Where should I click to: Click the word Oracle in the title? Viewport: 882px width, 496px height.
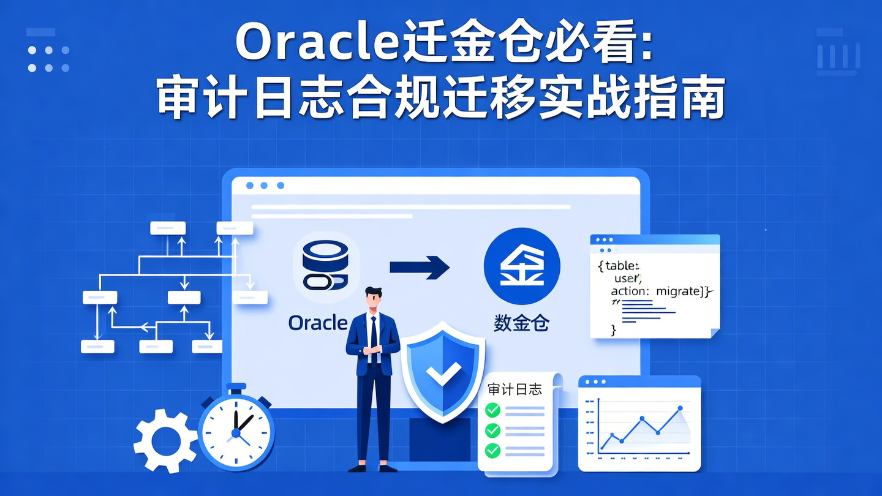pyautogui.click(x=316, y=43)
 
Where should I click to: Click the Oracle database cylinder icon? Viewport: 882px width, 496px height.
pyautogui.click(x=325, y=265)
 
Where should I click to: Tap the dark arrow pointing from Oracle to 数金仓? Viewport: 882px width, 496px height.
pyautogui.click(x=420, y=267)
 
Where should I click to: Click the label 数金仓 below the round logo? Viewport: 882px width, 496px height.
pyautogui.click(x=521, y=323)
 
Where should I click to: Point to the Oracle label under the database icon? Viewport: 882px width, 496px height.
pyautogui.click(x=318, y=323)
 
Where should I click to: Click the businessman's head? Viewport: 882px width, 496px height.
pyautogui.click(x=372, y=299)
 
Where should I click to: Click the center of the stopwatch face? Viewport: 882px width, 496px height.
pyautogui.click(x=236, y=432)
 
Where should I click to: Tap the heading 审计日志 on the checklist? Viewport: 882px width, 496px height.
pyautogui.click(x=514, y=389)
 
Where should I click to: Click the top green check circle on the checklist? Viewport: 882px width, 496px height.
pyautogui.click(x=492, y=410)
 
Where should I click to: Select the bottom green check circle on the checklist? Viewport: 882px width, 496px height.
pyautogui.click(x=492, y=451)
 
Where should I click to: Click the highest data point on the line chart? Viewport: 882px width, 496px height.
pyautogui.click(x=680, y=408)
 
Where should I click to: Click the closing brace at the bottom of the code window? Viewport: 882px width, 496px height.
pyautogui.click(x=613, y=330)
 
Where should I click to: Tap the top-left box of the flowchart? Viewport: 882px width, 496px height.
pyautogui.click(x=168, y=228)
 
